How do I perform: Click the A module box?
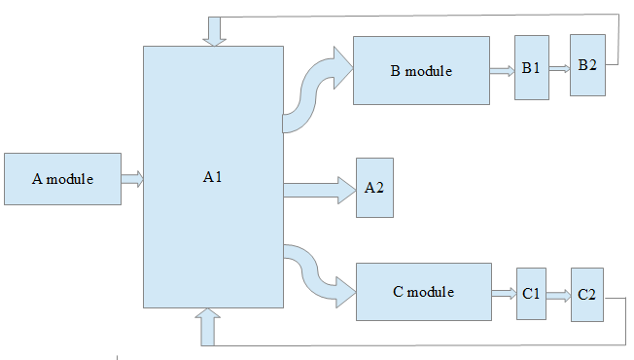tap(62, 179)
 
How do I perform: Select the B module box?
tap(421, 70)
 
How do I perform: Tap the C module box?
tap(424, 292)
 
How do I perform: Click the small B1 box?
tap(532, 67)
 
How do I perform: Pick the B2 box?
tap(587, 65)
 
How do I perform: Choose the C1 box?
tap(531, 294)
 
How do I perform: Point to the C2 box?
tap(587, 295)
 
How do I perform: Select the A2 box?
tap(374, 188)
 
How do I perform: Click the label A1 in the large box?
tap(213, 177)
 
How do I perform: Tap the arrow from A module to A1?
tap(132, 179)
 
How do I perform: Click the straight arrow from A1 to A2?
tap(319, 190)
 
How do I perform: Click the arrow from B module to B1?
tap(502, 71)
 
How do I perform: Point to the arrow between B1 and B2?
tap(559, 68)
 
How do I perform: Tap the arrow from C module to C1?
tap(505, 293)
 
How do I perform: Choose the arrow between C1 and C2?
tap(559, 296)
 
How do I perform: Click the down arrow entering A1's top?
tap(214, 31)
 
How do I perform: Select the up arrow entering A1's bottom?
tap(207, 327)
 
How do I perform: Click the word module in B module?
tap(429, 71)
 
